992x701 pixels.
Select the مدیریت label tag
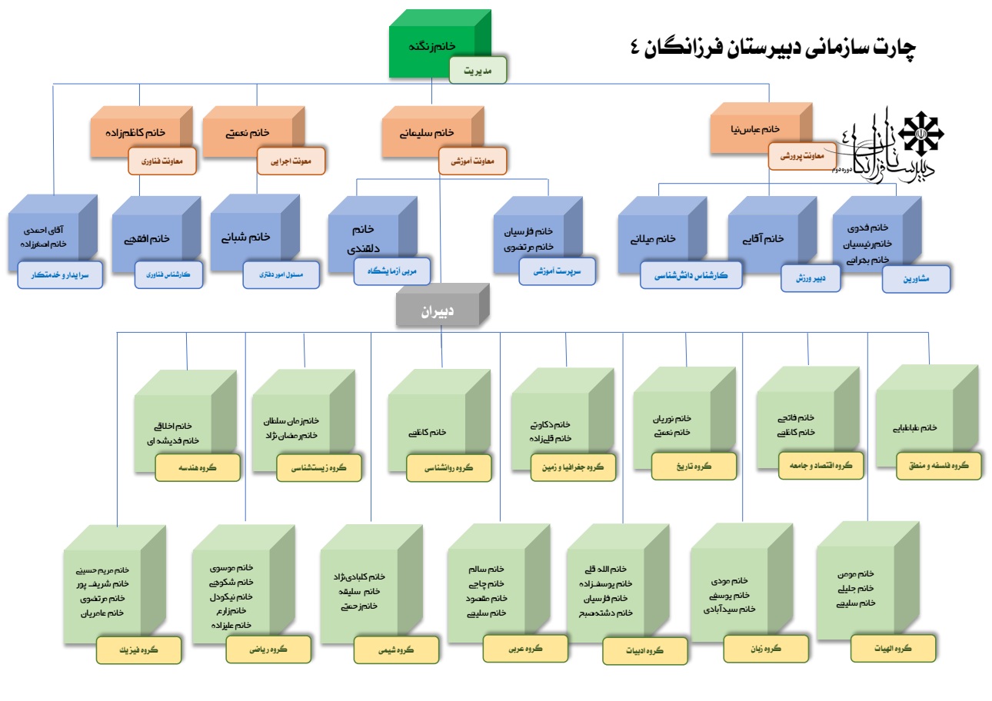tap(478, 70)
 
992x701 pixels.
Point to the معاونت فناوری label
tap(163, 161)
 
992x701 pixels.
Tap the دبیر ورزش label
tap(811, 278)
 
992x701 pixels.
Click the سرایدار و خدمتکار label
tap(60, 274)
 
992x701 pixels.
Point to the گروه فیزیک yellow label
tap(138, 650)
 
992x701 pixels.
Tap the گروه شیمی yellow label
tap(396, 650)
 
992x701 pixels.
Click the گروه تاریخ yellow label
tap(694, 466)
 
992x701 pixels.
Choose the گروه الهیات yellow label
tap(893, 648)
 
